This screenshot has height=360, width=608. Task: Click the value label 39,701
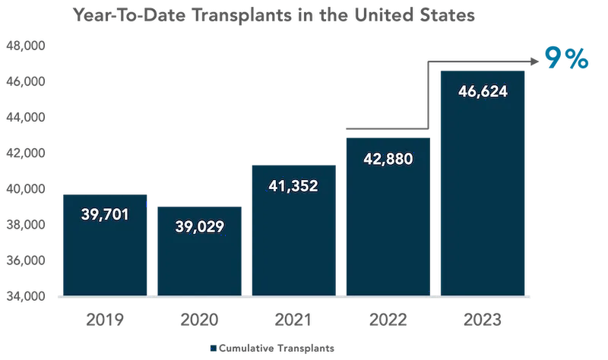tap(105, 214)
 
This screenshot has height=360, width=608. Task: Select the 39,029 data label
tap(199, 226)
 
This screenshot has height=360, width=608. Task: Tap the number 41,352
tap(293, 185)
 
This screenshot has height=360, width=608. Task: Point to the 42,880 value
tap(388, 158)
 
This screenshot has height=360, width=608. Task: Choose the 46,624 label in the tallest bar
tap(483, 92)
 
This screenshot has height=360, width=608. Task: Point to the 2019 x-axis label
tap(105, 320)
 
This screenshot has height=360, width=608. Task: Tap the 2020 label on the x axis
tap(199, 320)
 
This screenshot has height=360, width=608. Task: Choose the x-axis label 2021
tap(293, 320)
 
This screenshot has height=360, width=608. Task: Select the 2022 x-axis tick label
tap(388, 320)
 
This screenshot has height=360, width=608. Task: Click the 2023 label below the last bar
tap(483, 320)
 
